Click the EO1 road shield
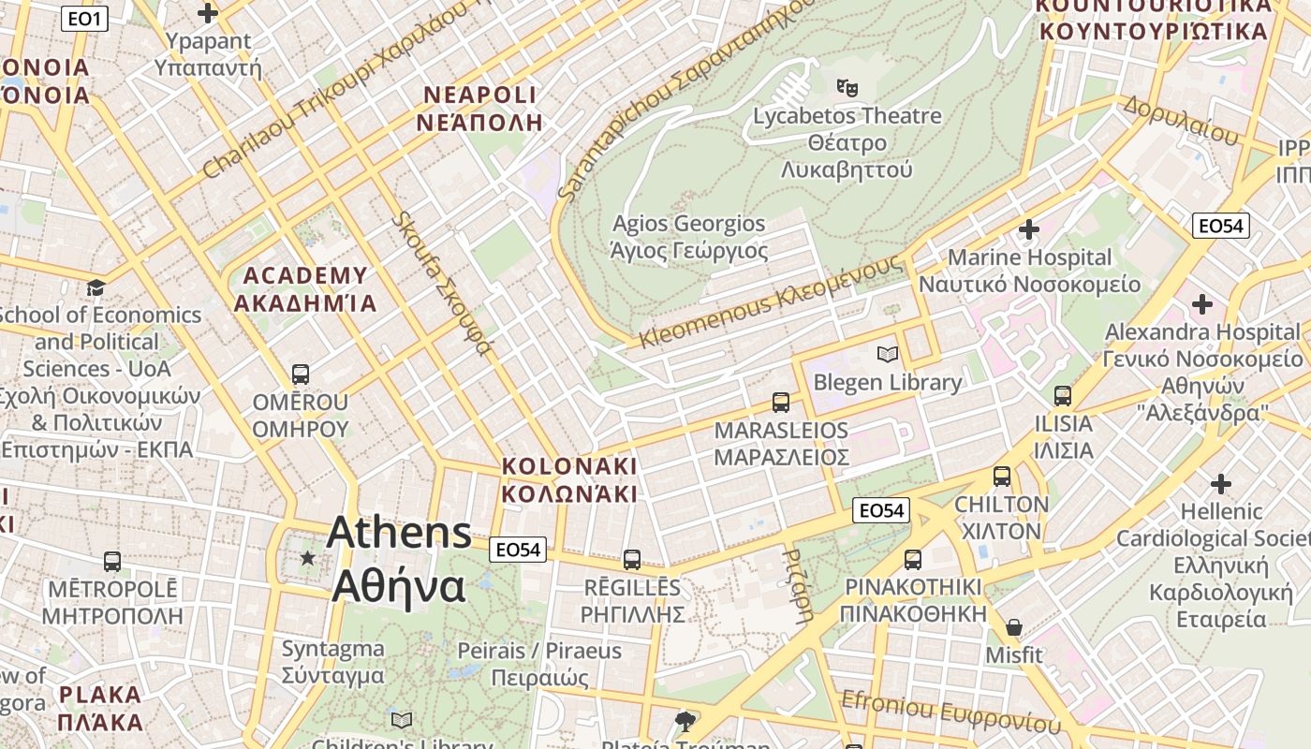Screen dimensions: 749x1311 pos(84,18)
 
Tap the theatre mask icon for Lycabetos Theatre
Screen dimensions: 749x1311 pos(847,88)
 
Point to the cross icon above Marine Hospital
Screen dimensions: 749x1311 pos(1029,229)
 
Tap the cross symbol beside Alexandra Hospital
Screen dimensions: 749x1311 pos(1202,304)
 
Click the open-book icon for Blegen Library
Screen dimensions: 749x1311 pos(887,354)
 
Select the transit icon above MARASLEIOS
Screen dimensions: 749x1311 pos(781,403)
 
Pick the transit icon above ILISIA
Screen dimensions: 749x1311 pos(1062,396)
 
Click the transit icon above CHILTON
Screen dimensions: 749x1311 pos(1002,477)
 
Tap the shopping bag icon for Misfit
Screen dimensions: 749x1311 pos(1013,627)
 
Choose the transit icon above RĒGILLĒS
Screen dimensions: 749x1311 pos(632,560)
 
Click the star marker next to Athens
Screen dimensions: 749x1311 pos(307,558)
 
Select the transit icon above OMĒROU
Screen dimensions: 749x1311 pos(300,374)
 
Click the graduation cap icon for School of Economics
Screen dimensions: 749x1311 pos(96,287)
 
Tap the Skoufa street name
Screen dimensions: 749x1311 pos(441,284)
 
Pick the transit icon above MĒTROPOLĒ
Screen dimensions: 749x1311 pos(112,562)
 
